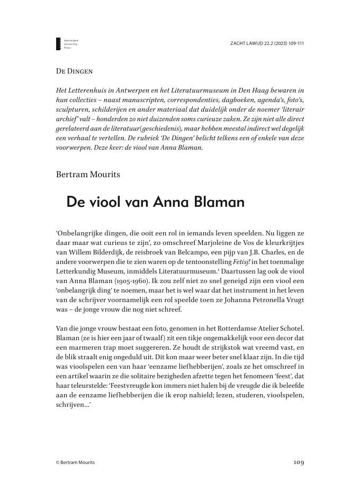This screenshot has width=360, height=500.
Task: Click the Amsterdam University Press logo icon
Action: (x=58, y=44)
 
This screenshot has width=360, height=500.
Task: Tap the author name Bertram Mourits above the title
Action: (x=88, y=173)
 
